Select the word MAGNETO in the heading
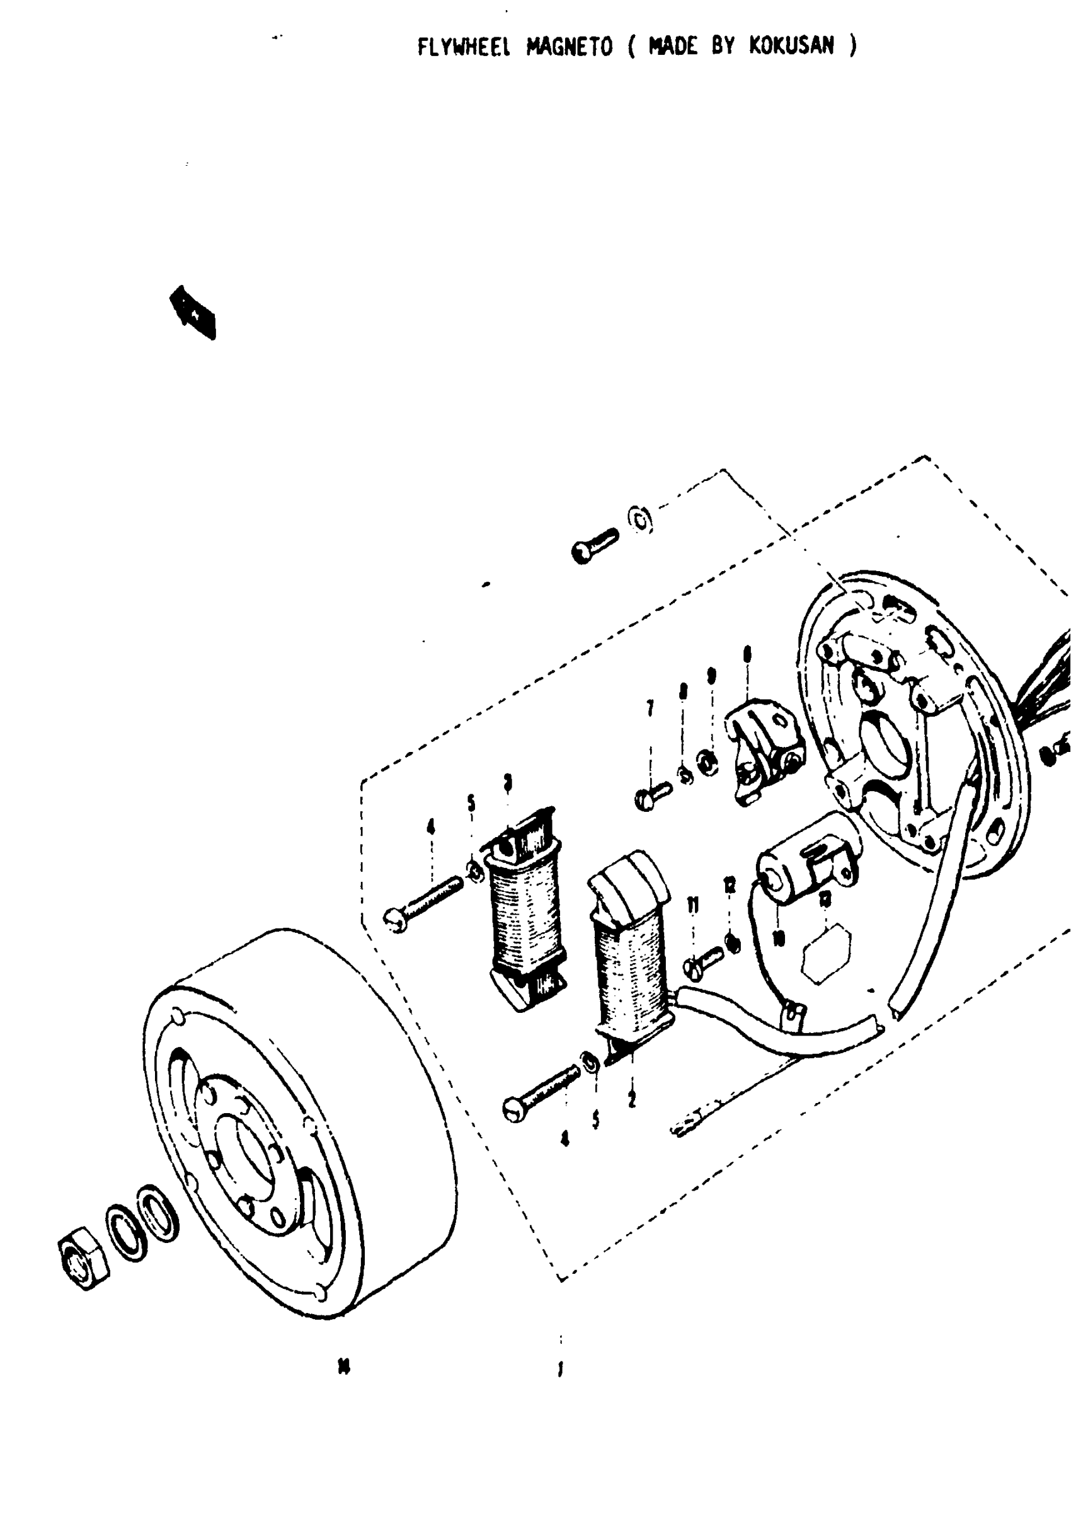point(570,47)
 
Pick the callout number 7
point(650,708)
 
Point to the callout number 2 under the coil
point(632,1099)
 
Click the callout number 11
point(693,906)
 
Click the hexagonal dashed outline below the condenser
point(826,953)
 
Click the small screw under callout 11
point(703,960)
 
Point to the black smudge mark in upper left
point(193,312)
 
